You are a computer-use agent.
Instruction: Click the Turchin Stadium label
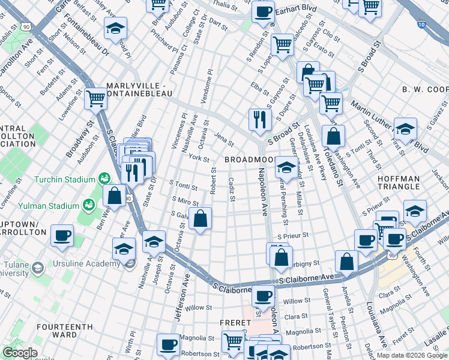pyautogui.click(x=65, y=179)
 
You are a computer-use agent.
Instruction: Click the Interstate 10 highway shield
pyautogui.click(x=423, y=24)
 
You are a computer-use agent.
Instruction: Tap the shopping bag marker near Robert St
pyautogui.click(x=200, y=220)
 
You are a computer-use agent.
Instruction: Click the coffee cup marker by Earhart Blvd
pyautogui.click(x=262, y=11)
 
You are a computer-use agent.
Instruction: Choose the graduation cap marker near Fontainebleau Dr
pyautogui.click(x=115, y=28)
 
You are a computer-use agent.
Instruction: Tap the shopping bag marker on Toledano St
pyautogui.click(x=333, y=136)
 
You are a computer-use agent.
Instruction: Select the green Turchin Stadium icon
pyautogui.click(x=104, y=179)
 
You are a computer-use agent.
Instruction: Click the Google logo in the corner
pyautogui.click(x=19, y=353)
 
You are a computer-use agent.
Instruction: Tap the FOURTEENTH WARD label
pyautogui.click(x=65, y=331)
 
